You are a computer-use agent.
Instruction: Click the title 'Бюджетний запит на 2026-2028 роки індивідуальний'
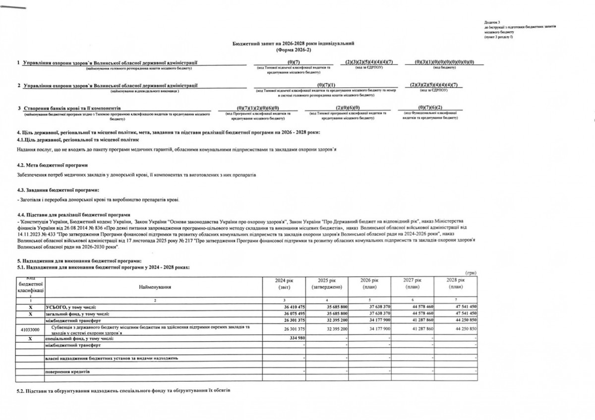tap(294, 44)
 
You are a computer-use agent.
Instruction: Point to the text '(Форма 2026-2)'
tap(294, 50)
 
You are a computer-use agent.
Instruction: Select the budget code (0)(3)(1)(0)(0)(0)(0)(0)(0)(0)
tap(445, 61)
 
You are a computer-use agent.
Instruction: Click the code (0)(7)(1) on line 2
tap(326, 85)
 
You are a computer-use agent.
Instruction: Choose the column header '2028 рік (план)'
tap(455, 284)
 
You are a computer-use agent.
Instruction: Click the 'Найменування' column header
tap(155, 287)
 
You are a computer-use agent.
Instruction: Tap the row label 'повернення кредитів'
tap(67, 371)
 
